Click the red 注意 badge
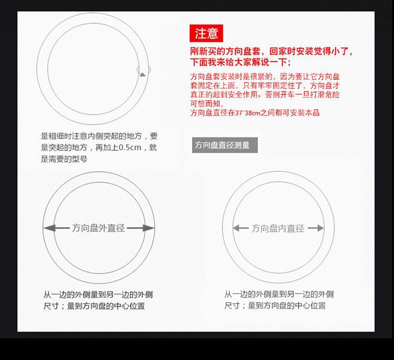pyautogui.click(x=206, y=34)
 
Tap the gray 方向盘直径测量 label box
pyautogui.click(x=224, y=145)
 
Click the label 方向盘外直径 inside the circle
pyautogui.click(x=99, y=228)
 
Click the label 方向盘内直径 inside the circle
pyautogui.click(x=278, y=228)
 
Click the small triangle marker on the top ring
pyautogui.click(x=142, y=74)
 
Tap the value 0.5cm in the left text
pyautogui.click(x=130, y=148)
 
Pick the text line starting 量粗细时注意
pyautogui.click(x=99, y=136)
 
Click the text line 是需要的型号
pyautogui.click(x=64, y=159)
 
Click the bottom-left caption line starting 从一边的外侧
pyautogui.click(x=98, y=295)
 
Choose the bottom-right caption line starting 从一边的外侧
pyautogui.click(x=279, y=294)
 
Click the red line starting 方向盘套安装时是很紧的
pyautogui.click(x=265, y=77)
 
